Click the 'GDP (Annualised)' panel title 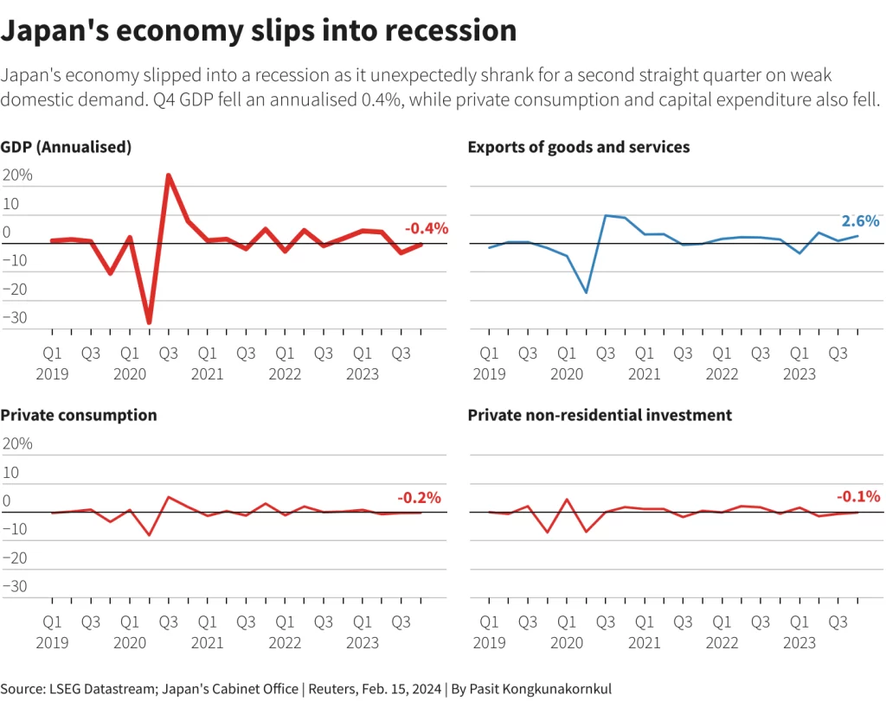(x=66, y=147)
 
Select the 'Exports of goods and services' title (x=578, y=147)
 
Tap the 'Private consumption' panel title (x=79, y=415)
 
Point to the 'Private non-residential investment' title (x=600, y=415)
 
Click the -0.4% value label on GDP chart (x=427, y=229)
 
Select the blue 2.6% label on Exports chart (x=860, y=220)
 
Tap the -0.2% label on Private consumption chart (x=419, y=498)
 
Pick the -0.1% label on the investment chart (x=858, y=497)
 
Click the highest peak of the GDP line (x=168, y=175)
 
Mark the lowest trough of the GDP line (x=149, y=322)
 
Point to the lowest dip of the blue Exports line (x=586, y=293)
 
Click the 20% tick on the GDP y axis (x=18, y=175)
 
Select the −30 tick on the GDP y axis (x=16, y=317)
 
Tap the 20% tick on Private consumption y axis (x=18, y=443)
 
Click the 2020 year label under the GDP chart (x=130, y=374)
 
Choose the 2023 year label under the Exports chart (x=799, y=374)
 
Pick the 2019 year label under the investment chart (x=489, y=642)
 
